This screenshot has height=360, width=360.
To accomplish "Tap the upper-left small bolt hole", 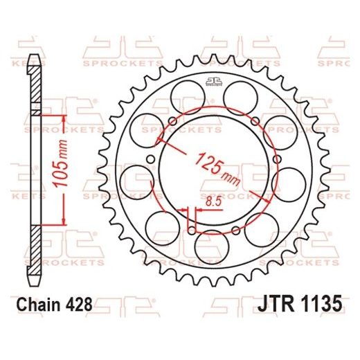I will [171, 123].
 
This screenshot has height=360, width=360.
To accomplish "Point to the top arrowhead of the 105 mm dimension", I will [64, 116].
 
